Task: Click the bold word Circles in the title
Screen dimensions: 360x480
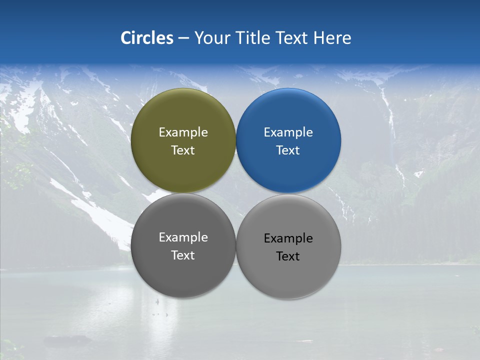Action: [147, 38]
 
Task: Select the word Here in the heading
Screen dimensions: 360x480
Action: [332, 38]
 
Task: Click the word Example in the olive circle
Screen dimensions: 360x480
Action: [183, 132]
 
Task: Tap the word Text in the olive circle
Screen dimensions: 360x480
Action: [183, 150]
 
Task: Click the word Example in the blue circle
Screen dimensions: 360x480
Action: [288, 132]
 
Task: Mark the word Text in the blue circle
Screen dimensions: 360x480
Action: [288, 150]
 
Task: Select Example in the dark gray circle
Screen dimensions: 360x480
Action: [183, 237]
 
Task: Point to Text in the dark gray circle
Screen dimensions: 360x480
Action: [183, 255]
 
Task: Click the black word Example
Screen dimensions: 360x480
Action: [288, 238]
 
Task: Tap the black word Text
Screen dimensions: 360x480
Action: [288, 256]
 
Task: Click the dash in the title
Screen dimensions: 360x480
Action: [183, 38]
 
